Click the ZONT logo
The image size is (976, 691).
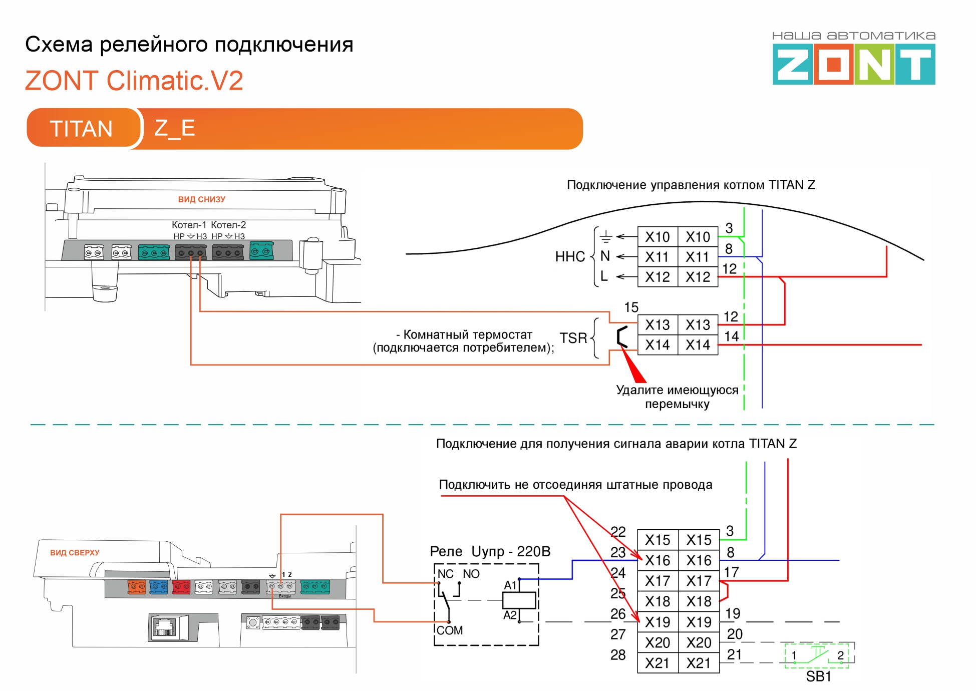[853, 64]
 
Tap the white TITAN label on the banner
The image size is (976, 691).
[81, 129]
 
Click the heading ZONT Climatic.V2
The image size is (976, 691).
[134, 81]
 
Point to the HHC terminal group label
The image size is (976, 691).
[570, 257]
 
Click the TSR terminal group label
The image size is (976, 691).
[573, 338]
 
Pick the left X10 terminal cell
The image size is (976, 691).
[657, 237]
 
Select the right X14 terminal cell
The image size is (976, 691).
[698, 345]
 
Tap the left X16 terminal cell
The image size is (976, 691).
[657, 560]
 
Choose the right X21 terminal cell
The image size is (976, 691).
[699, 663]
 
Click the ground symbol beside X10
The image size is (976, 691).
[605, 236]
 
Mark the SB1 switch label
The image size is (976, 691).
[818, 676]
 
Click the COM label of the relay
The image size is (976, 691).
[449, 630]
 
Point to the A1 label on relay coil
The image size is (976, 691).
[510, 585]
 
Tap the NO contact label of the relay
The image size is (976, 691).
[471, 574]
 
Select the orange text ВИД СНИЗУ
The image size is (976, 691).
[201, 199]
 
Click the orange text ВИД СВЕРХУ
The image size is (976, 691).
[75, 553]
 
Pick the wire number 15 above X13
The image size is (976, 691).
[631, 307]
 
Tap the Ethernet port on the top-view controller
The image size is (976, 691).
[165, 626]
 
